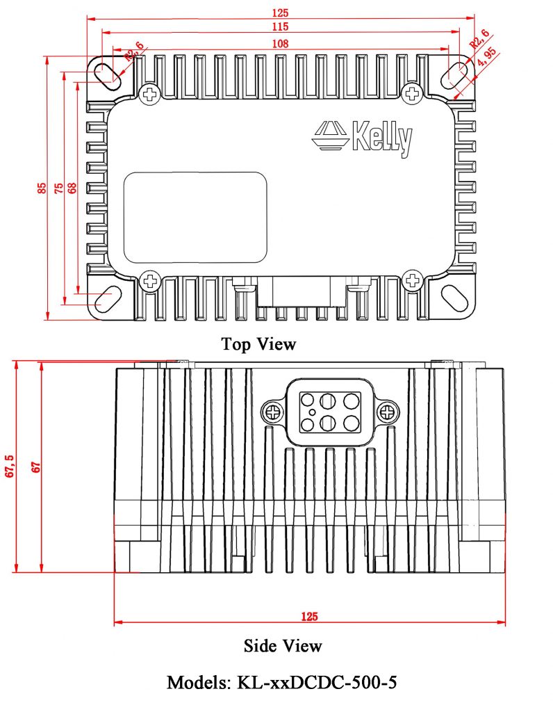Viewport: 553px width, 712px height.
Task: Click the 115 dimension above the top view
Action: [x=280, y=26]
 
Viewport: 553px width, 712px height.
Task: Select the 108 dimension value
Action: [x=280, y=44]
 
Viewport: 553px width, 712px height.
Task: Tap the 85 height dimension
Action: [x=42, y=188]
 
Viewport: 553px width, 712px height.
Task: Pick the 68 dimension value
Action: [x=72, y=188]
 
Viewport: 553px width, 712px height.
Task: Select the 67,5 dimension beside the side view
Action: [x=10, y=467]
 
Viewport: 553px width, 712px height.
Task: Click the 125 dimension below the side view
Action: [x=309, y=616]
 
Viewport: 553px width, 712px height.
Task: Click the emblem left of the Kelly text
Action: [x=330, y=134]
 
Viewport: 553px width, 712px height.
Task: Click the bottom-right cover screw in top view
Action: [x=413, y=281]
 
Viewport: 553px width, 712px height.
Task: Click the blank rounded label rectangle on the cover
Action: [x=195, y=217]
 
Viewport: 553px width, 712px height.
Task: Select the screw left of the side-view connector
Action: [x=272, y=412]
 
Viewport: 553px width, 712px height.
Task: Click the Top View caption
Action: [x=258, y=343]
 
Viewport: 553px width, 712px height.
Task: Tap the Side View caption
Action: [x=283, y=646]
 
